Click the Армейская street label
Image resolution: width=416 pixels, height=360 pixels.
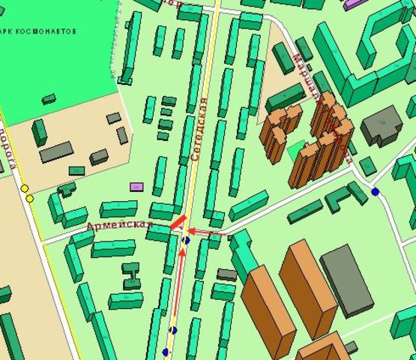pos(120,224)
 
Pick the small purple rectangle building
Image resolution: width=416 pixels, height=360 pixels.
pos(136,186)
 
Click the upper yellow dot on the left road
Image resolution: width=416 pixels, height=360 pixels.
pos(24,188)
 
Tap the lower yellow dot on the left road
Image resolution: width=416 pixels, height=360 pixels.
pos(30,199)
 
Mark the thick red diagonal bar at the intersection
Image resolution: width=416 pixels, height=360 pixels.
pos(178,222)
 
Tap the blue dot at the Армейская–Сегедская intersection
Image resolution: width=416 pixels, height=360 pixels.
pos(186,240)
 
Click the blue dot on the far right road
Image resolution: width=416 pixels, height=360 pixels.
pos(375,192)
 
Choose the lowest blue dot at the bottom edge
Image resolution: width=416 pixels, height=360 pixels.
pos(166,352)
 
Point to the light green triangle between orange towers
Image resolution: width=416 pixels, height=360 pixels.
pos(295,150)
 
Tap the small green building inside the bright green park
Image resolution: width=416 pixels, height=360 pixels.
pos(49,98)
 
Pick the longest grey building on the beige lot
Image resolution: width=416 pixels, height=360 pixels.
pos(56,152)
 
